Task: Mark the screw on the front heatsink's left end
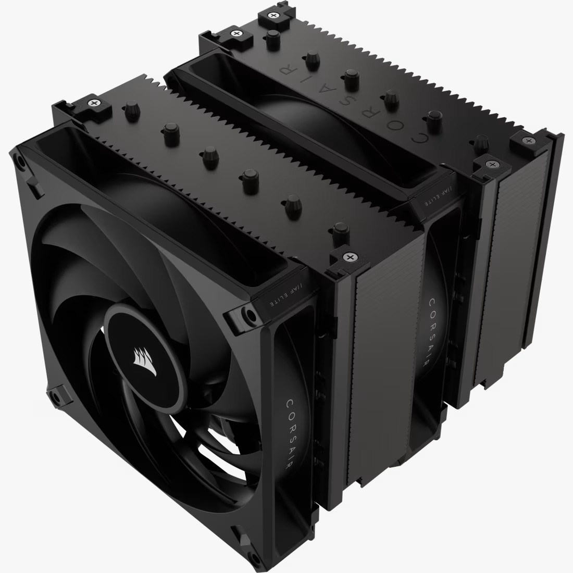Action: (x=94, y=103)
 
